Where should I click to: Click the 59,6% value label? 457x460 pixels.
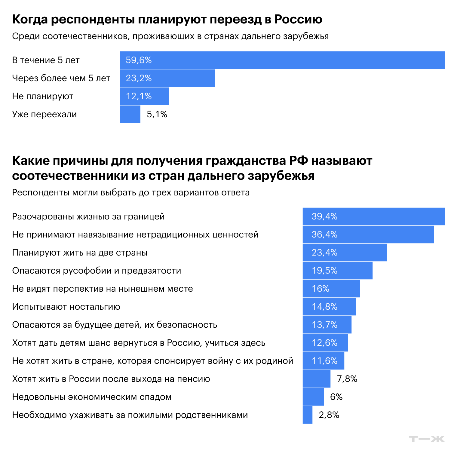(x=139, y=60)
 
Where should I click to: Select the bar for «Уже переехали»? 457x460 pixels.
(x=130, y=114)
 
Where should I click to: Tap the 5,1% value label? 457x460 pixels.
(x=157, y=114)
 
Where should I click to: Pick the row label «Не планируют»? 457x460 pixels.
(x=43, y=96)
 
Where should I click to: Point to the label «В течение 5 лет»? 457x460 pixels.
(x=46, y=60)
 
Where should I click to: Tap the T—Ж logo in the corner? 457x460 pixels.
(x=427, y=439)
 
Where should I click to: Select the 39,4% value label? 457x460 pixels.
(x=324, y=216)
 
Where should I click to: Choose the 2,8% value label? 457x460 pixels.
(x=329, y=415)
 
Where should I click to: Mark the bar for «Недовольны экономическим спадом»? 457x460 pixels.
(x=313, y=397)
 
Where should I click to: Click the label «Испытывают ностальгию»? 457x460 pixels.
(x=66, y=307)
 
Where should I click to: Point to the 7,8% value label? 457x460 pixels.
(x=347, y=379)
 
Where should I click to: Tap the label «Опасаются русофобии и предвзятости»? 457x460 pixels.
(x=97, y=271)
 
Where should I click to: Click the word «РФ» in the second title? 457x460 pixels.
(x=299, y=161)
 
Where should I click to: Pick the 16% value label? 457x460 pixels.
(x=321, y=289)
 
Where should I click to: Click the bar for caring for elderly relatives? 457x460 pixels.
(x=307, y=415)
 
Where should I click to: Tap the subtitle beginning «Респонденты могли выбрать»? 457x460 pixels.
(x=131, y=192)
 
